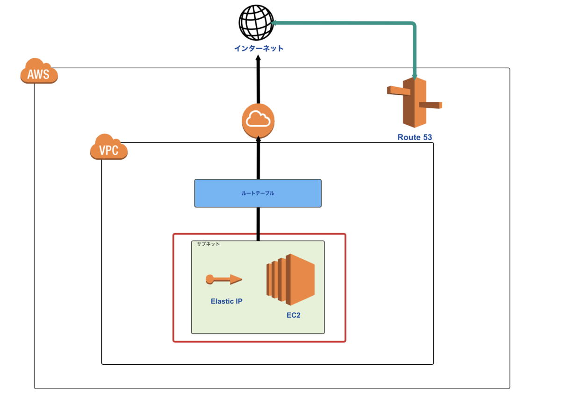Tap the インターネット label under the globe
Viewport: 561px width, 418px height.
click(x=259, y=48)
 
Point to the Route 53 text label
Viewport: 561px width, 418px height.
click(x=415, y=137)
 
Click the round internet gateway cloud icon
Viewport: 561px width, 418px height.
click(x=258, y=120)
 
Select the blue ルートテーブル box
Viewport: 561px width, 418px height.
click(x=258, y=193)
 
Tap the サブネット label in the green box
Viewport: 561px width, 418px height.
click(x=208, y=244)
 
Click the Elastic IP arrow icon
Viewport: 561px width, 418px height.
click(x=223, y=279)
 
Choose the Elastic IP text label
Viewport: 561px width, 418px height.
click(x=226, y=301)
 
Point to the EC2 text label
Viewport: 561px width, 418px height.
click(x=294, y=315)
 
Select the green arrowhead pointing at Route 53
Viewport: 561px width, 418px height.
click(x=415, y=74)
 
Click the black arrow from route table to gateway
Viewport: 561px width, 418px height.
click(x=258, y=159)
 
